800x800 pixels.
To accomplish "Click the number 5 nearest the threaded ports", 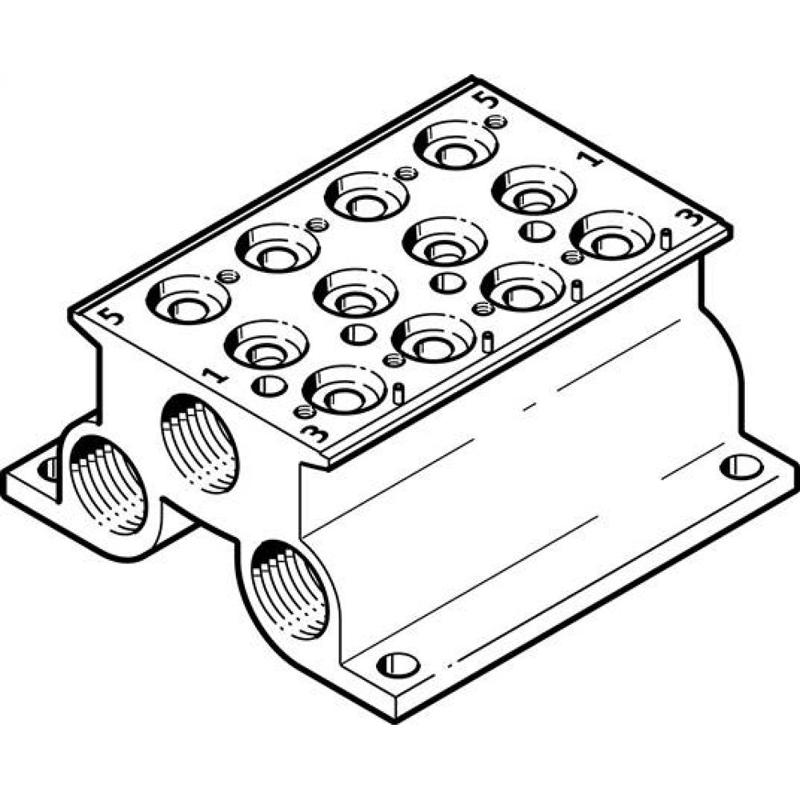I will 114,315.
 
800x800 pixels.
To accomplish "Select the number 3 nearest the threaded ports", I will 317,435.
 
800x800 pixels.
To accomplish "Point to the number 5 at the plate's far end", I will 483,99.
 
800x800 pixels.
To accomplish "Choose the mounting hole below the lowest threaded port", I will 398,663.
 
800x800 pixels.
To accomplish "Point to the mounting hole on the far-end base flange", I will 740,466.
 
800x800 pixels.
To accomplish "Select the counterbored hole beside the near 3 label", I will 345,390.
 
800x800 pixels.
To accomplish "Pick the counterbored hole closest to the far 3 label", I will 613,235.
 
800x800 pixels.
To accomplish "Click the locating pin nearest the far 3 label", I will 666,238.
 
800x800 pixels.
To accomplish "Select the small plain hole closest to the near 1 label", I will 269,386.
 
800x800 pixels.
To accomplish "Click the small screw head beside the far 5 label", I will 497,122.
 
